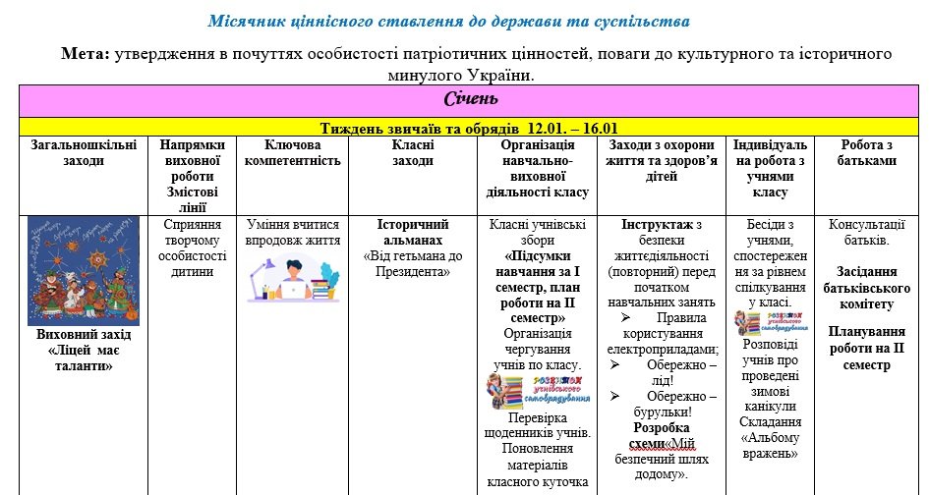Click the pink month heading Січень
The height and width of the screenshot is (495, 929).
470,99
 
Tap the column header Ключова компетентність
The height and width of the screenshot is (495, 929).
292,152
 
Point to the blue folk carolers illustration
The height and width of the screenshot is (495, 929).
83,268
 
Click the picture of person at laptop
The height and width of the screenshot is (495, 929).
292,278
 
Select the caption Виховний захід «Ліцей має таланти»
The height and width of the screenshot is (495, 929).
83,350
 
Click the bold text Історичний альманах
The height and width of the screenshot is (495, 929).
413,232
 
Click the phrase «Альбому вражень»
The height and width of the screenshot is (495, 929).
772,445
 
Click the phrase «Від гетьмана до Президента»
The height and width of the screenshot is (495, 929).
413,263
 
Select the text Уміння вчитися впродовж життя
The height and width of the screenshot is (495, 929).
292,232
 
